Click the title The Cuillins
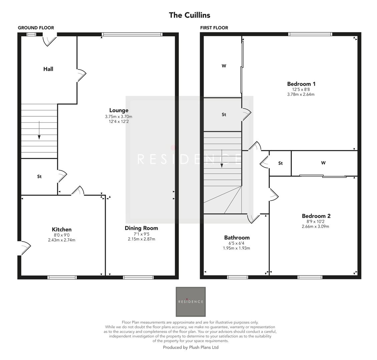[190, 15]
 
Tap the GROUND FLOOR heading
[36, 28]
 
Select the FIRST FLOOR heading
[214, 28]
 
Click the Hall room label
[48, 69]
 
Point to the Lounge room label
[119, 110]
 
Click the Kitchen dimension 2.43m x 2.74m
[61, 240]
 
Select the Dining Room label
[141, 228]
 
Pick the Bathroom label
[237, 238]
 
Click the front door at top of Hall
[49, 40]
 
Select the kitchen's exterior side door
[25, 247]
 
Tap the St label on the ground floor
[39, 177]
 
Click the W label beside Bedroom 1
[224, 66]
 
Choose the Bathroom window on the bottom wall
[238, 277]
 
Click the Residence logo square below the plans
[191, 302]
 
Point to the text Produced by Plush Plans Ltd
[191, 347]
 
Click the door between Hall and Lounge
[81, 75]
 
